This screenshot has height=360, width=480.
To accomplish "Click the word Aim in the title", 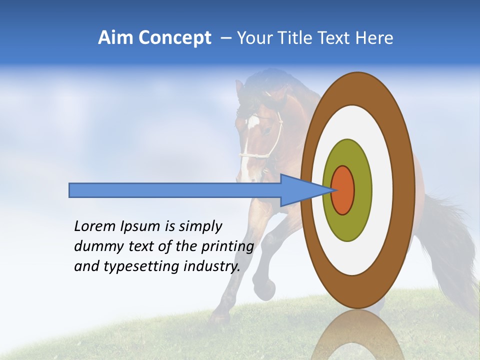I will click(x=115, y=38).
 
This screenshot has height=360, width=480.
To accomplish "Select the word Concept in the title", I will click(x=174, y=38).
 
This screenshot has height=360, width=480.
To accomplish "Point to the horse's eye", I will click(x=268, y=131).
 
